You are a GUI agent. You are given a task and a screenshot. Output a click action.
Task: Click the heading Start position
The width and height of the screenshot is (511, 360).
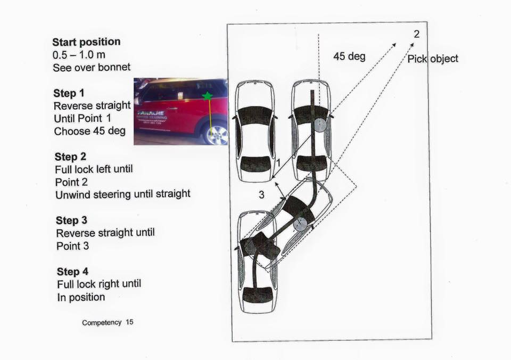tap(86, 42)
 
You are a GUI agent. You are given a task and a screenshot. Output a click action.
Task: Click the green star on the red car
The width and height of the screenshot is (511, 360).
tap(207, 96)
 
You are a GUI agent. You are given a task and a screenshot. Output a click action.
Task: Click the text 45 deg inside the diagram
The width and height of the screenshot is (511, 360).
tap(349, 56)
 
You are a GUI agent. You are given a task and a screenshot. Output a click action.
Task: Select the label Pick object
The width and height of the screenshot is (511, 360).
tap(432, 59)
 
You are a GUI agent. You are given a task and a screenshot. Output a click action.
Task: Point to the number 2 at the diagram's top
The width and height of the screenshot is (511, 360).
tap(416, 34)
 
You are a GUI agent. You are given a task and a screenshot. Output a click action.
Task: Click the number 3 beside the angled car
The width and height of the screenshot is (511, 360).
tap(261, 195)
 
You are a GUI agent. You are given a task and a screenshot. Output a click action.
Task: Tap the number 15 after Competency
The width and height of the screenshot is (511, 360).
tap(129, 323)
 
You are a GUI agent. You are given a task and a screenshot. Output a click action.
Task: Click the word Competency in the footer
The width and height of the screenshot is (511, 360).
tap(102, 323)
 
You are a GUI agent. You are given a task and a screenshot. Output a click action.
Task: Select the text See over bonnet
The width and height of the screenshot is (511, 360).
tap(92, 68)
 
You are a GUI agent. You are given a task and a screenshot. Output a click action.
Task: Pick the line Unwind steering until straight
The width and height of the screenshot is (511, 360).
tap(122, 194)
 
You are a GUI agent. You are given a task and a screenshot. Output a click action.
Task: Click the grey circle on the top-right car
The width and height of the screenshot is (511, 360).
tap(319, 125)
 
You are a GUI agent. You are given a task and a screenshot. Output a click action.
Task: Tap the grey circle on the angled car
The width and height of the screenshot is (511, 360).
tap(300, 224)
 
